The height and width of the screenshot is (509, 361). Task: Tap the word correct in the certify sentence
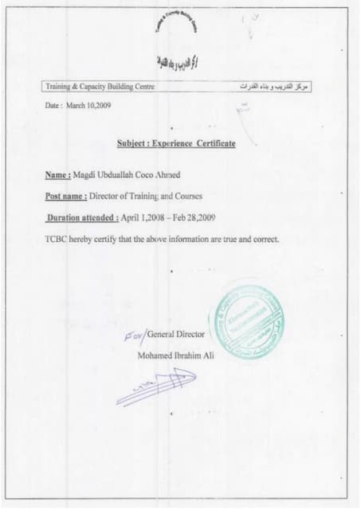coord(261,238)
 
